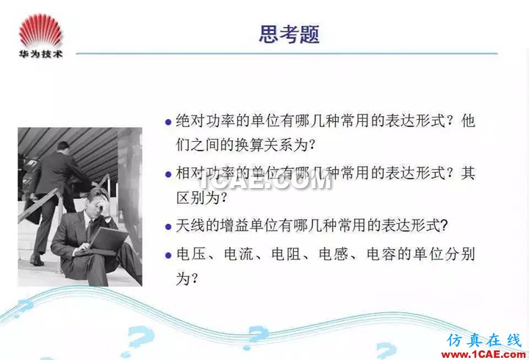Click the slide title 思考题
click(x=289, y=34)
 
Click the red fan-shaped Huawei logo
click(x=41, y=30)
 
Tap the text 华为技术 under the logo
click(x=41, y=54)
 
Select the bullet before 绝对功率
click(x=168, y=122)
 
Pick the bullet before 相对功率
click(x=168, y=174)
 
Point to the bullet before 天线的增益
click(x=168, y=227)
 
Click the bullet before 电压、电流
click(x=168, y=256)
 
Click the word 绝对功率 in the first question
click(x=205, y=120)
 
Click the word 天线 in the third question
click(x=190, y=226)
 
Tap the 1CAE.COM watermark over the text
click(x=265, y=182)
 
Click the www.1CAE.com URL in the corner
click(x=483, y=354)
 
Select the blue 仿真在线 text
click(x=484, y=340)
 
